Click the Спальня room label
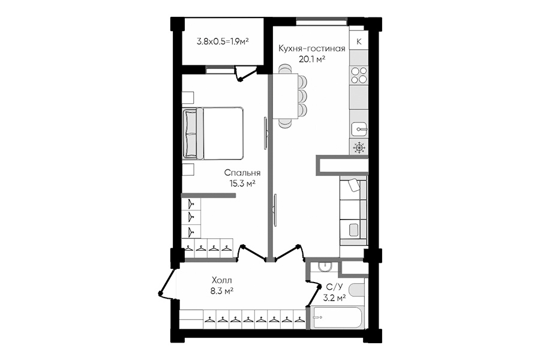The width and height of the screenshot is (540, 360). click(x=242, y=173)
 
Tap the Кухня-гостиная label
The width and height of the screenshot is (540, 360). click(x=311, y=48)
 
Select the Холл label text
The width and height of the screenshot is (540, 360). click(x=222, y=280)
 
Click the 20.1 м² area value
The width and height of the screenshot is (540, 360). click(x=312, y=59)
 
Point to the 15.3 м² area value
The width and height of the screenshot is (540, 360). click(x=242, y=183)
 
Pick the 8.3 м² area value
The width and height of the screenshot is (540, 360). click(x=222, y=291)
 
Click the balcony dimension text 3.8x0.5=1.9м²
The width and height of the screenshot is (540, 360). click(x=223, y=41)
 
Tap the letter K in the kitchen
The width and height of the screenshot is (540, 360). click(x=359, y=41)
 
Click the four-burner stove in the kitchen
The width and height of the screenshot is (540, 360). click(x=359, y=76)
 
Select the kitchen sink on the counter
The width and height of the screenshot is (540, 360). click(x=359, y=130)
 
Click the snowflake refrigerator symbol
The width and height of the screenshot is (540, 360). click(x=359, y=148)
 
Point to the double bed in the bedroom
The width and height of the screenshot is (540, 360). click(x=213, y=133)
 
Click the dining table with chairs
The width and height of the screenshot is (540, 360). click(x=289, y=97)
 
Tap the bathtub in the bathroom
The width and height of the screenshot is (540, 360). click(x=337, y=317)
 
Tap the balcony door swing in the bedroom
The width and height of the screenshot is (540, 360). click(x=245, y=74)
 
